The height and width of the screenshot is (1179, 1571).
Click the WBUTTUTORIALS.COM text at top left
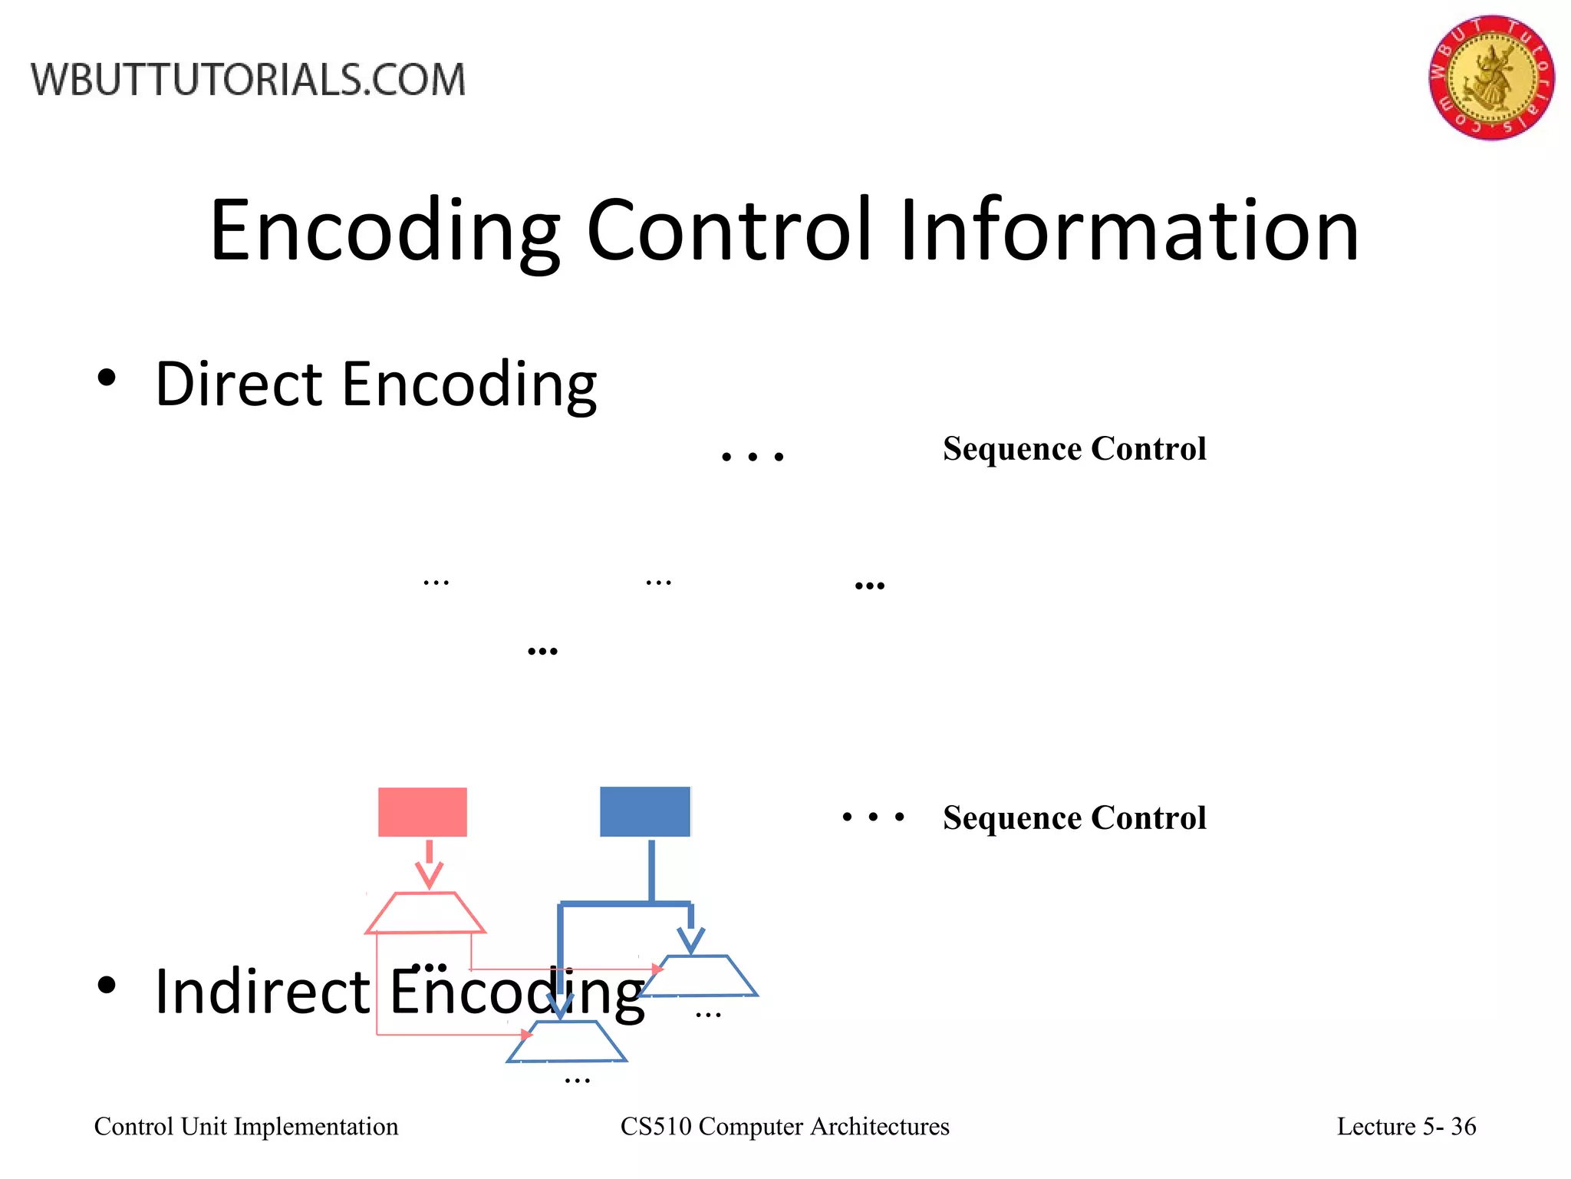[x=248, y=80]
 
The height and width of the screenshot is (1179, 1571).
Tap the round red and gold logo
[x=1490, y=78]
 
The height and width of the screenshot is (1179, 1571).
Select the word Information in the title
[x=1129, y=230]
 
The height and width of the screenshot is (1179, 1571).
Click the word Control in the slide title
[x=730, y=230]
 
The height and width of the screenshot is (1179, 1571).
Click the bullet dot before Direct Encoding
[x=107, y=378]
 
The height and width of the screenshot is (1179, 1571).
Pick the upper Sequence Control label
[x=1074, y=448]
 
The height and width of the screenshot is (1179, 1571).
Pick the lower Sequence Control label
[x=1074, y=817]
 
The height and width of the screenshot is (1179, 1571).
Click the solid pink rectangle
[x=423, y=812]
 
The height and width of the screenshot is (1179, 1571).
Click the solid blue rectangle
[x=645, y=812]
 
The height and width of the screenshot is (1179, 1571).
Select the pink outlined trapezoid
[x=425, y=913]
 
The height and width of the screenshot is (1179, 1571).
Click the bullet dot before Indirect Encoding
[x=107, y=986]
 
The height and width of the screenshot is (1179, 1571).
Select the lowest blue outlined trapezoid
[x=566, y=1042]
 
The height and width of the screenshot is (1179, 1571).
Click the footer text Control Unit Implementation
[x=246, y=1126]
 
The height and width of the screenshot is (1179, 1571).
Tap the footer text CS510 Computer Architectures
[x=784, y=1126]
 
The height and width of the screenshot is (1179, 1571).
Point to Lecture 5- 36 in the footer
[x=1406, y=1126]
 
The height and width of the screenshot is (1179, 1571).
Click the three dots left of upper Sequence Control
[x=753, y=457]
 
